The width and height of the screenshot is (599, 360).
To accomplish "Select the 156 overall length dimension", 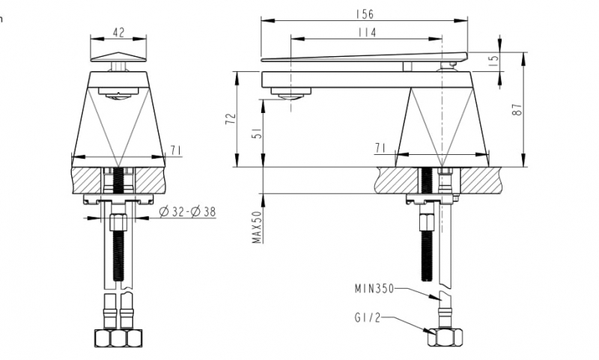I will click(366, 14).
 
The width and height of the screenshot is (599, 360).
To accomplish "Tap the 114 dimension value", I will click(367, 32).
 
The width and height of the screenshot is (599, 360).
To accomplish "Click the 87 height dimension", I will click(515, 108).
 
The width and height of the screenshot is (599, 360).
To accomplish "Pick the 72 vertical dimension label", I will click(231, 118).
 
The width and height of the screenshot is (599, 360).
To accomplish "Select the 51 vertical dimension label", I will click(256, 132).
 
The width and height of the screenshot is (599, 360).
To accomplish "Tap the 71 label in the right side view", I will click(380, 149).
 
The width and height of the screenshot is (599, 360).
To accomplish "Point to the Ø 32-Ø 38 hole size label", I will click(187, 212).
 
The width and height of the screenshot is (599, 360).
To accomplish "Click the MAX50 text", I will click(256, 227).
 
